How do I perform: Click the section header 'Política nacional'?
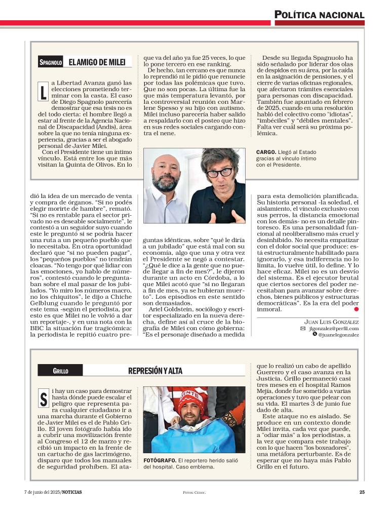[320, 15]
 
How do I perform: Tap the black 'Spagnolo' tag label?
[51, 63]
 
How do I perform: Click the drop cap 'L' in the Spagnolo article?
[43, 91]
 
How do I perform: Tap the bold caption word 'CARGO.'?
[266, 151]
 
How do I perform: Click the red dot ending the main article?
[356, 308]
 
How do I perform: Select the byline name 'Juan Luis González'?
[331, 322]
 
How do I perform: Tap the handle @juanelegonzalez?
[338, 335]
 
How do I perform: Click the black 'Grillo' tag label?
[60, 371]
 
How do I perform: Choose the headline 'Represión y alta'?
[155, 371]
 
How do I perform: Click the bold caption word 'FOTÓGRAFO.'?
[160, 460]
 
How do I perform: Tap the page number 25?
[362, 492]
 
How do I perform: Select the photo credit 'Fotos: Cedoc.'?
[194, 492]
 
